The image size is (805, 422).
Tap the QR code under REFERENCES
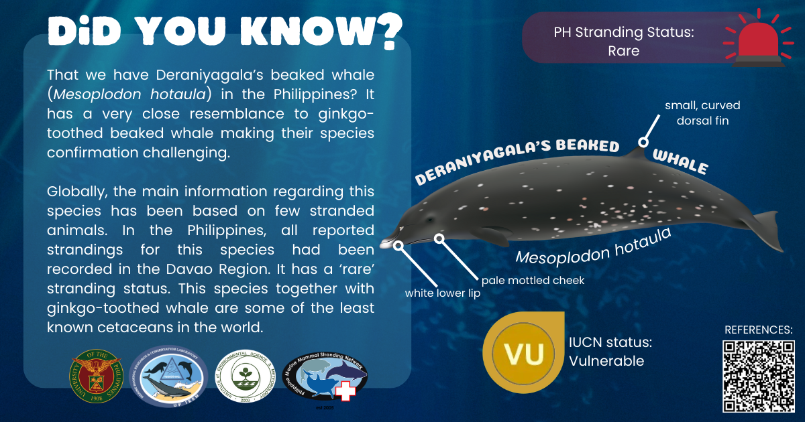758,376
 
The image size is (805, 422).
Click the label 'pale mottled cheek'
533,280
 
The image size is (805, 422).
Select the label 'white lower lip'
443,293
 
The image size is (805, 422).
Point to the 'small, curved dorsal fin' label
702,113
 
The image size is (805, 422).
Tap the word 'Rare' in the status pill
623,50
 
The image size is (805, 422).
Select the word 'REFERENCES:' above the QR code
759,330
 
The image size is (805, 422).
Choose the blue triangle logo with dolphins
168,377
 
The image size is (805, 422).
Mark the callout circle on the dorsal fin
643,142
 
